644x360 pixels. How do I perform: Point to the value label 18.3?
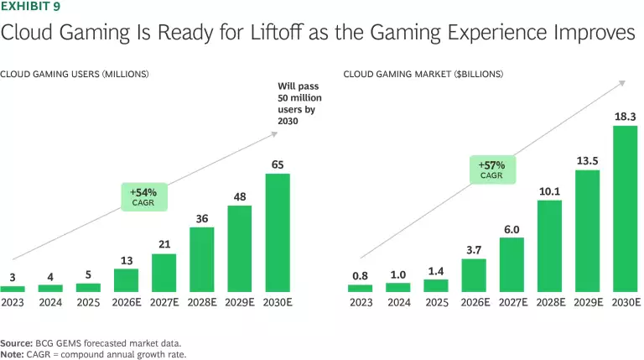(x=625, y=115)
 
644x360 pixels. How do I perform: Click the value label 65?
(x=278, y=163)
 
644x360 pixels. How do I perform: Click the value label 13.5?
(x=587, y=159)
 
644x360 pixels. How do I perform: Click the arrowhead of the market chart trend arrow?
(x=625, y=81)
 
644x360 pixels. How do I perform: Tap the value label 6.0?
(x=512, y=227)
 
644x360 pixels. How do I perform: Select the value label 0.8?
(x=361, y=274)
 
